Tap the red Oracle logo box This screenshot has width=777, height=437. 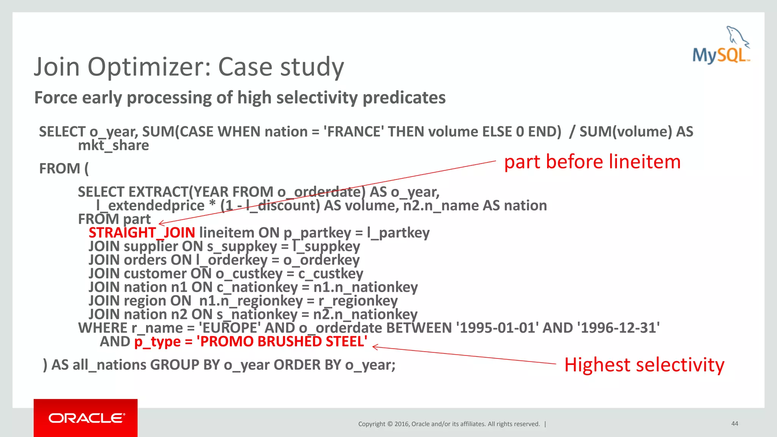point(86,418)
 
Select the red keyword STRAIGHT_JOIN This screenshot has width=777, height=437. point(142,233)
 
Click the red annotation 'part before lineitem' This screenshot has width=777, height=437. point(592,162)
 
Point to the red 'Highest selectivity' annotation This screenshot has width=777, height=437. point(644,365)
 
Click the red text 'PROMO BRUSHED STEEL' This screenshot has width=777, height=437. point(282,341)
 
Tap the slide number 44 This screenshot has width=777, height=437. point(735,423)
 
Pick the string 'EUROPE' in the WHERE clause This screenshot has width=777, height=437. point(230,328)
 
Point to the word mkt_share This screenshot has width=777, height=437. point(113,146)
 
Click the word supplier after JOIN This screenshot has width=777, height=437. point(151,247)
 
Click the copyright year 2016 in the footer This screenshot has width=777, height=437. point(402,424)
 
